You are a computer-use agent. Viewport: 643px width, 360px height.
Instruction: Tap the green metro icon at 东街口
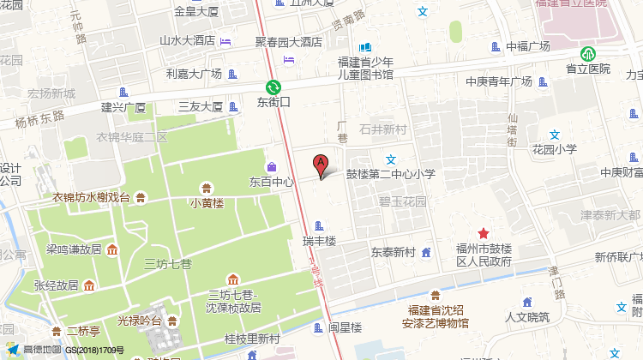click(273, 87)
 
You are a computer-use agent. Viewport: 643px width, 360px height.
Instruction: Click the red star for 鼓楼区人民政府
click(484, 233)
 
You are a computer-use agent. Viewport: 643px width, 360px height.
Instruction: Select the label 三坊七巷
click(168, 263)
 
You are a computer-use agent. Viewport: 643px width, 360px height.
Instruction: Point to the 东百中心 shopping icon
click(272, 165)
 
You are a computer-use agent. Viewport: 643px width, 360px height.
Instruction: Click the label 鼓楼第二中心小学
click(391, 174)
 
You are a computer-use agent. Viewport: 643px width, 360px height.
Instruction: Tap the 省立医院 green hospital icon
click(587, 53)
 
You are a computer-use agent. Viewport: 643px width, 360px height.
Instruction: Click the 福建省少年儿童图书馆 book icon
click(365, 47)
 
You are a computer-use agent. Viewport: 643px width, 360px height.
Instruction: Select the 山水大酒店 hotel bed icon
click(225, 40)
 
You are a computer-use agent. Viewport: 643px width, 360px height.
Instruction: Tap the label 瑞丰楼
click(320, 241)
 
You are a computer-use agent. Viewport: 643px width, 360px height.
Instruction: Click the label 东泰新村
click(393, 253)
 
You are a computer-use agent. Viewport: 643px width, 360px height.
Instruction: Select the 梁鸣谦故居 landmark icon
click(112, 249)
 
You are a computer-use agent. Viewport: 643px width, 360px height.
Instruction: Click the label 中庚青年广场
click(499, 82)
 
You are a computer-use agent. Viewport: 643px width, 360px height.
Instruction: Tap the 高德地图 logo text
click(42, 350)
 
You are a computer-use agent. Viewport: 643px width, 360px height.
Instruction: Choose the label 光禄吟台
click(140, 321)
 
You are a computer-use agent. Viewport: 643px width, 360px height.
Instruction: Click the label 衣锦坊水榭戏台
click(91, 198)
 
